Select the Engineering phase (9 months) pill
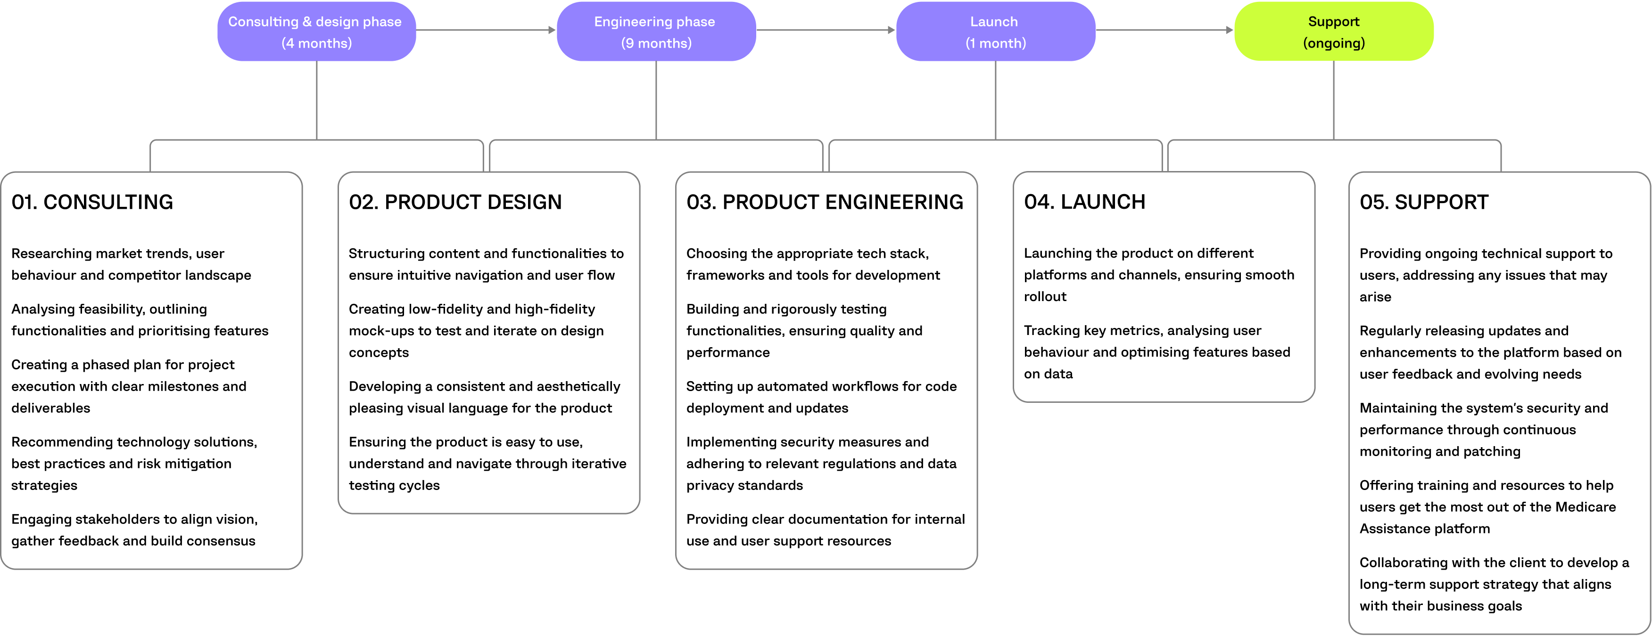pos(655,32)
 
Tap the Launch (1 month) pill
pos(995,32)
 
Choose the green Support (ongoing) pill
pos(1333,32)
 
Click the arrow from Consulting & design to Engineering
pos(486,30)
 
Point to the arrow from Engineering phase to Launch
pos(826,30)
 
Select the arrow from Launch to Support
pos(1164,30)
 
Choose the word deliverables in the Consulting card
pos(50,408)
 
